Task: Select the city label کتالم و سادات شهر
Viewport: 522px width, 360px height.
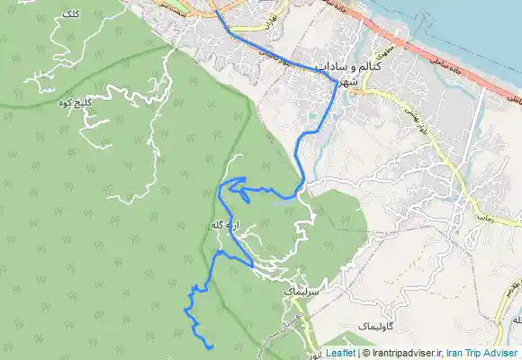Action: click(x=364, y=74)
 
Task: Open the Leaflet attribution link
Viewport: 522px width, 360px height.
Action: click(x=340, y=353)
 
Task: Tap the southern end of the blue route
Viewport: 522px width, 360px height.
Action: click(x=210, y=346)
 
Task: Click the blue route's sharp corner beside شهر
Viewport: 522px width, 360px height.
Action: click(x=337, y=83)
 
